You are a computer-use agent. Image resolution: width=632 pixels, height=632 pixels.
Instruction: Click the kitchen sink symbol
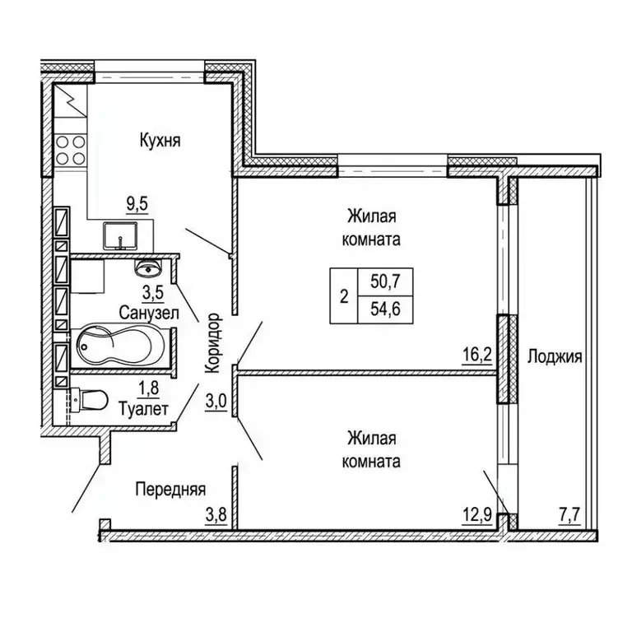click(x=122, y=236)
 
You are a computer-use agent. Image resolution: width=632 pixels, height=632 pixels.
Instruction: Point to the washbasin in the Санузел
click(x=149, y=268)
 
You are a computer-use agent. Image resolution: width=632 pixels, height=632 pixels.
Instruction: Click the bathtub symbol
click(x=120, y=346)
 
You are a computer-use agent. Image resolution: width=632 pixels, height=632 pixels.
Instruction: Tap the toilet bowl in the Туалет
click(x=91, y=400)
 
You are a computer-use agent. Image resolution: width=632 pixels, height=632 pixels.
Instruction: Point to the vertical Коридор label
click(x=215, y=344)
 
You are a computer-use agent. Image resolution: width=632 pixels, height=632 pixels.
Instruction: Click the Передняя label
click(x=170, y=487)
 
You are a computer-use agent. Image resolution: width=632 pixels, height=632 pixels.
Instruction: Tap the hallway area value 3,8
click(x=216, y=517)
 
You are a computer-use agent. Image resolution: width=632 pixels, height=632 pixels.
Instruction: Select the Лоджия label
click(x=555, y=357)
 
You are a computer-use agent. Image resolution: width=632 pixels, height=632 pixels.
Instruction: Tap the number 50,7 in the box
click(x=383, y=281)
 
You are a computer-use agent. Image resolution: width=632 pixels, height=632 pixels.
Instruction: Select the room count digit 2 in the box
click(x=343, y=295)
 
